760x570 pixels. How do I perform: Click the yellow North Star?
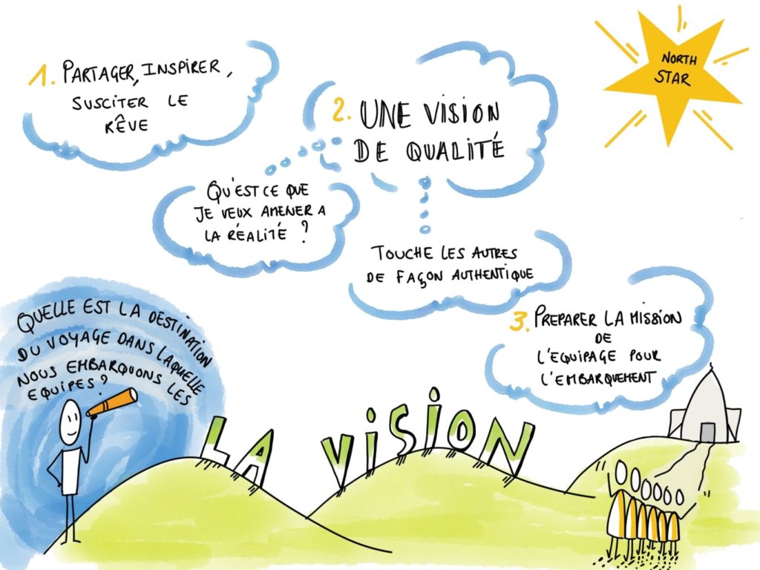click(671, 77)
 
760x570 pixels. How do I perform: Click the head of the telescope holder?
click(71, 422)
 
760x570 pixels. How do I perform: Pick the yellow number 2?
click(341, 110)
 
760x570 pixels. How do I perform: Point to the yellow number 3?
click(520, 322)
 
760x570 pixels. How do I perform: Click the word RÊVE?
click(126, 125)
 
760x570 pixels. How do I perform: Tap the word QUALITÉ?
click(455, 151)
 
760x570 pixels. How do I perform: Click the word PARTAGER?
click(98, 71)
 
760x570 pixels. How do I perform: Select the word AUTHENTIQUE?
click(493, 275)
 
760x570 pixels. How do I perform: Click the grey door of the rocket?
click(707, 432)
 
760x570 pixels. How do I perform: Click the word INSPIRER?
click(181, 68)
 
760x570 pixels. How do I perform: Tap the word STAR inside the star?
click(672, 77)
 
